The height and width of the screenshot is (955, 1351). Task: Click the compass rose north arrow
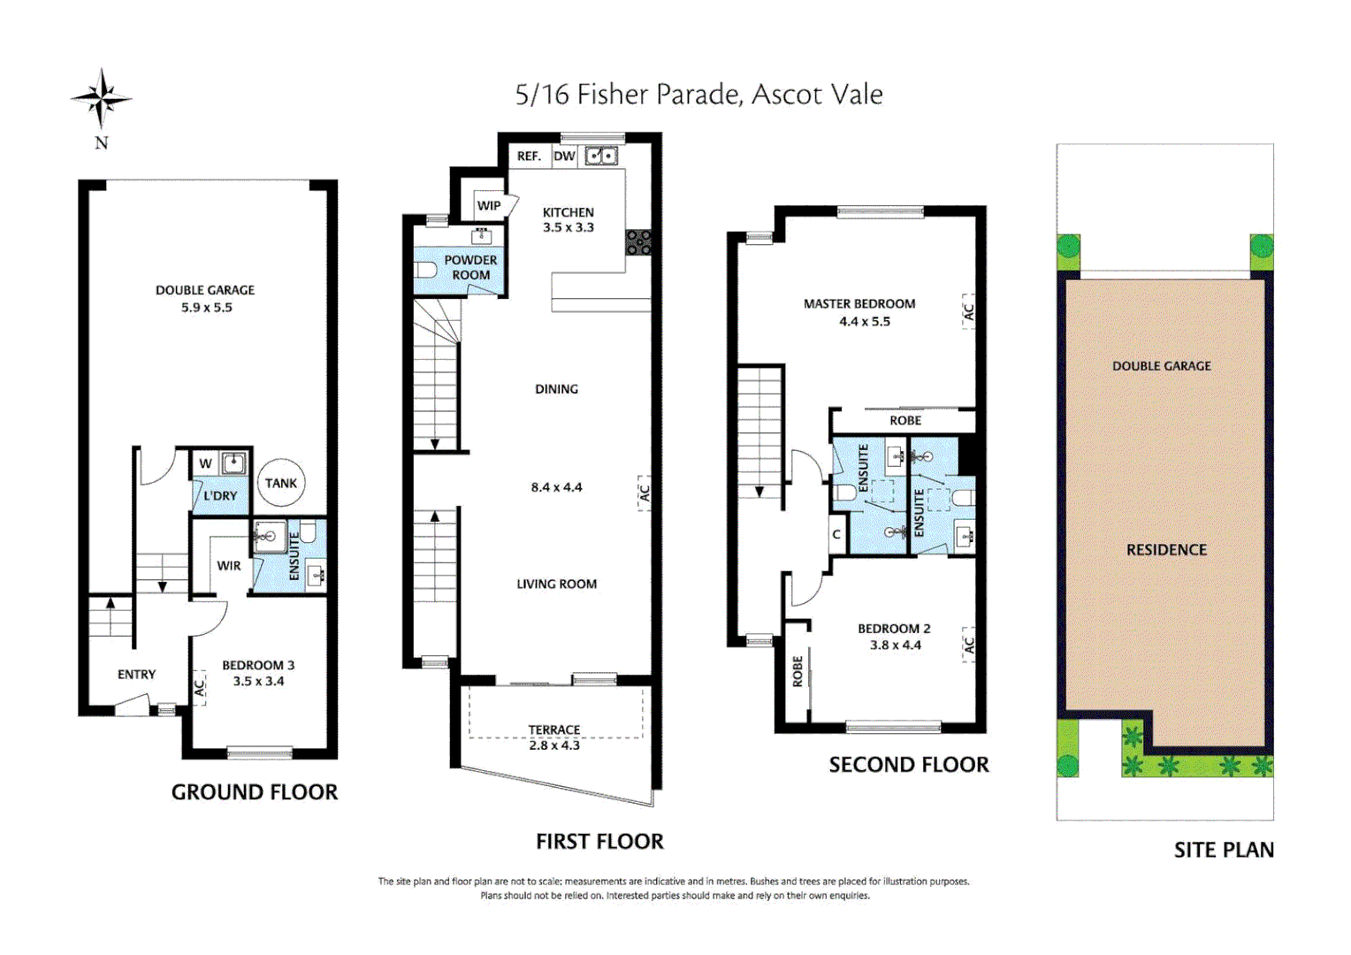[102, 99]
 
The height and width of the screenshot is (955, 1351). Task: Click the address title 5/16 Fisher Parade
[698, 95]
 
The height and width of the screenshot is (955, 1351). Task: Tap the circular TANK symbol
[281, 483]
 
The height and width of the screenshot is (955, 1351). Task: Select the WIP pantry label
[488, 205]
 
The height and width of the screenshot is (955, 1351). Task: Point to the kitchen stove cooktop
[638, 242]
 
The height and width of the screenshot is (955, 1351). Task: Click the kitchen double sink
[602, 157]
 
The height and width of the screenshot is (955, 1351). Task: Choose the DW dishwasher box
[564, 157]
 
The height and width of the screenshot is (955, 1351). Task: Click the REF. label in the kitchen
[529, 157]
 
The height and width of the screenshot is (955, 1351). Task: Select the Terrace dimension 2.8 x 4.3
[554, 745]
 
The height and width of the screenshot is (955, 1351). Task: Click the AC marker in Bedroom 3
[200, 687]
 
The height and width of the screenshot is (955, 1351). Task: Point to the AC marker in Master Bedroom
[968, 312]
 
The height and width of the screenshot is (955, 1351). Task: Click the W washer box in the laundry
[205, 463]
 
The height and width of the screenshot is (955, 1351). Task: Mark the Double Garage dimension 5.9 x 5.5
[206, 308]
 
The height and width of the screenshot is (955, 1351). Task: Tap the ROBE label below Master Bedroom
[905, 420]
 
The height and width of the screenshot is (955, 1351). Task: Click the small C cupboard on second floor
[836, 535]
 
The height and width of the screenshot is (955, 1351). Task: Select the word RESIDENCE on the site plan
[1166, 550]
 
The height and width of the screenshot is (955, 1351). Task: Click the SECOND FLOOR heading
[909, 765]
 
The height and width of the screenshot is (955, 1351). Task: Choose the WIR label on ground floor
[229, 566]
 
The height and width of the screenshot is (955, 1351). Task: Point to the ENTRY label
[136, 675]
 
